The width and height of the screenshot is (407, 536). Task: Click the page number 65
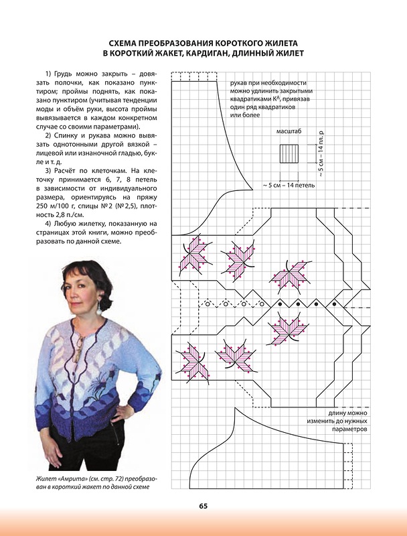click(x=203, y=506)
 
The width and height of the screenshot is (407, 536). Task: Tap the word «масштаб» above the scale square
click(x=289, y=133)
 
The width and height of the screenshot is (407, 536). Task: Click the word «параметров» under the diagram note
click(x=349, y=429)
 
